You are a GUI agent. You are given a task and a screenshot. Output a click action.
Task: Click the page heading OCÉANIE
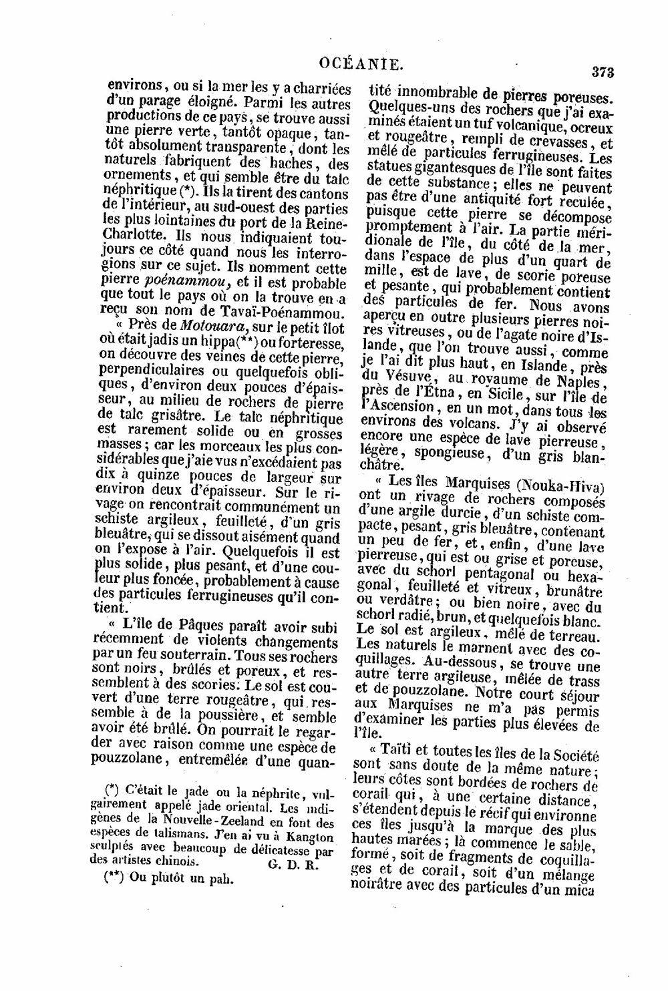pos(361,64)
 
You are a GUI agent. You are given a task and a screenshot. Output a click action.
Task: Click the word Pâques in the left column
pos(203,626)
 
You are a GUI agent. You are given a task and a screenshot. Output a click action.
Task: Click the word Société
pos(574,755)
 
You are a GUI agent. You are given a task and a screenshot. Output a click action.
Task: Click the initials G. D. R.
pos(296,863)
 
